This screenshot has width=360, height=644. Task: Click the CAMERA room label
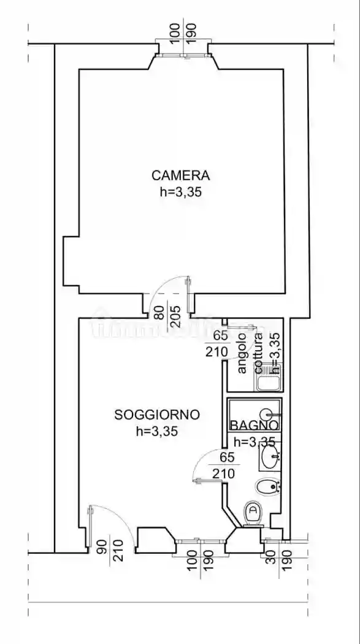pyautogui.click(x=180, y=175)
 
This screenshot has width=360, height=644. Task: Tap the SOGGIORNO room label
pyautogui.click(x=157, y=415)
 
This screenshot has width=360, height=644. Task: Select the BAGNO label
pyautogui.click(x=255, y=425)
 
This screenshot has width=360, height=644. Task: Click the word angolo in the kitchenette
pyautogui.click(x=242, y=353)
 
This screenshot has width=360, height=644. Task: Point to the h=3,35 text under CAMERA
pyautogui.click(x=180, y=191)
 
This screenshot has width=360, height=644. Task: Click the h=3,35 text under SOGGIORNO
pyautogui.click(x=157, y=431)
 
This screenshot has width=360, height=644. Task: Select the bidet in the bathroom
pyautogui.click(x=268, y=487)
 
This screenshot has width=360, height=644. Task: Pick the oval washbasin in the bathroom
pyautogui.click(x=270, y=456)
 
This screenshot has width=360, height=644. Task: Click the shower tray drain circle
pyautogui.click(x=267, y=415)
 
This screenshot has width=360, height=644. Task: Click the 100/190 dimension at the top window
pyautogui.click(x=183, y=31)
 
